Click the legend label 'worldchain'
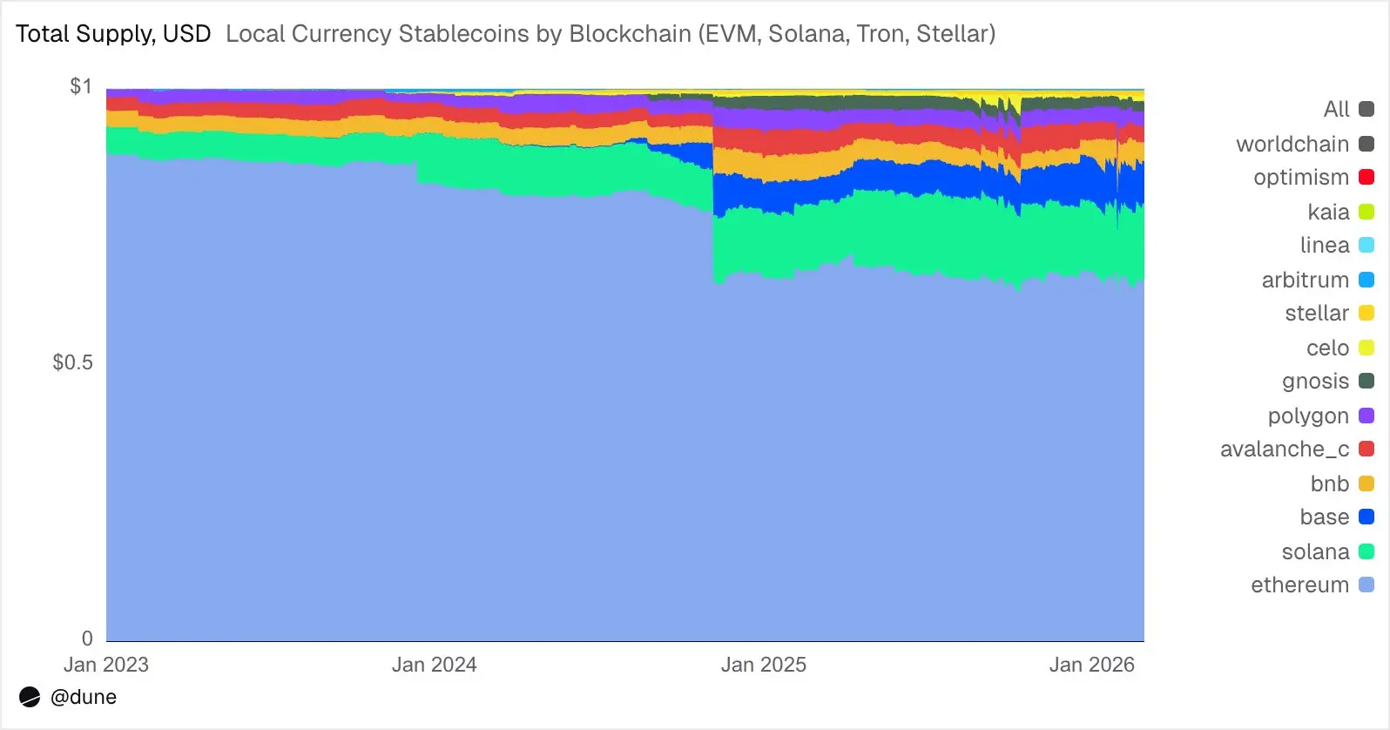click(x=1292, y=144)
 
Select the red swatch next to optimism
click(x=1366, y=178)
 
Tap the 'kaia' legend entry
click(x=1328, y=212)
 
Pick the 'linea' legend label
click(x=1324, y=246)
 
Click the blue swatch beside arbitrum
click(x=1366, y=280)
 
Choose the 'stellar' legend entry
click(x=1316, y=314)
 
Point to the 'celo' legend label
click(x=1327, y=348)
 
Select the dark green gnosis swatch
click(x=1366, y=382)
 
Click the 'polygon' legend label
click(x=1307, y=416)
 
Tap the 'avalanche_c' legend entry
click(x=1284, y=449)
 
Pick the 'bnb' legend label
click(x=1329, y=483)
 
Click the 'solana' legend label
click(x=1315, y=551)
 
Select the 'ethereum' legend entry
click(x=1299, y=585)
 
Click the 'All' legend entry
click(x=1336, y=110)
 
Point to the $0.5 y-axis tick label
click(x=72, y=362)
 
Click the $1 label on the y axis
click(x=80, y=86)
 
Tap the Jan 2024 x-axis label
click(x=434, y=665)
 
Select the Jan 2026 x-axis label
click(x=1091, y=665)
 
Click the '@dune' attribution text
click(x=83, y=697)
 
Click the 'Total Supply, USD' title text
click(x=113, y=34)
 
